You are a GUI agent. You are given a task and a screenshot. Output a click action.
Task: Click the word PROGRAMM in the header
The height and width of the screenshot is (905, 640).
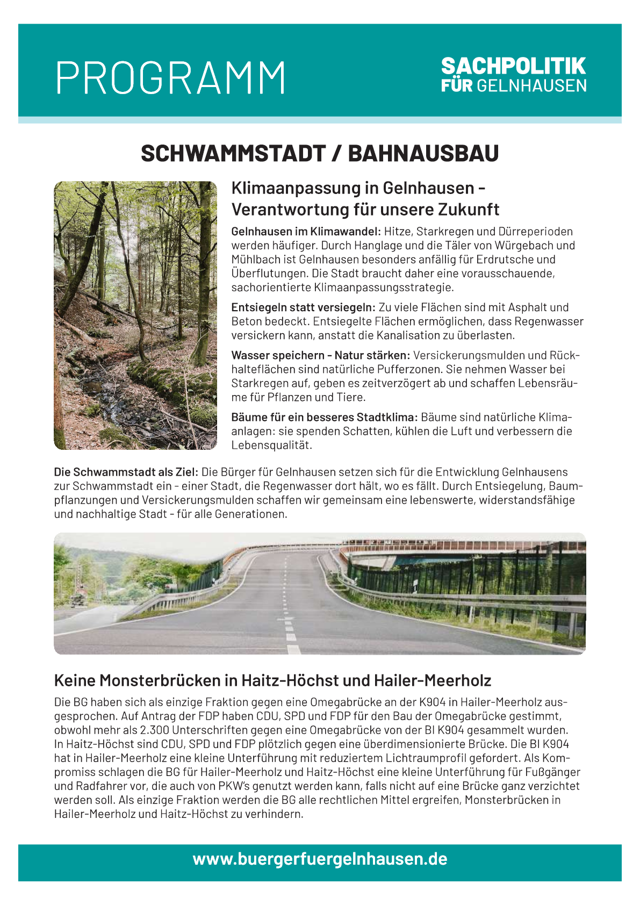pos(170,78)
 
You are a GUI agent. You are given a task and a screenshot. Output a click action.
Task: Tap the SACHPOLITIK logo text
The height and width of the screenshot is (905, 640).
pos(513,66)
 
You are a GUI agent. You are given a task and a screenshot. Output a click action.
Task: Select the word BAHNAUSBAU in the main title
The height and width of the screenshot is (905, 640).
pos(423,154)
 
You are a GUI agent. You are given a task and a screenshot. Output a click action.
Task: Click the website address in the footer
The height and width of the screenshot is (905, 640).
pos(320,859)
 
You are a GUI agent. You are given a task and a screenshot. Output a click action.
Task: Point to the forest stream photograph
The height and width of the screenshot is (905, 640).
pos(135,315)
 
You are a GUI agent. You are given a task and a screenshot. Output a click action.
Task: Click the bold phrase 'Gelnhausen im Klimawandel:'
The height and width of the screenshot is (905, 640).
pos(306,232)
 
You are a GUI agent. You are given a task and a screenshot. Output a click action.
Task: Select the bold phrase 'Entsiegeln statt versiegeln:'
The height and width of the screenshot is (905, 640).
pos(304,307)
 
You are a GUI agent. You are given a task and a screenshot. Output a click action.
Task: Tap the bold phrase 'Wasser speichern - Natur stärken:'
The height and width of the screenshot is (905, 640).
pos(320,355)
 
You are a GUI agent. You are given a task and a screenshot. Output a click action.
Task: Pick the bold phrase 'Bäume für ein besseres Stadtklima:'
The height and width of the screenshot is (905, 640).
pos(324,417)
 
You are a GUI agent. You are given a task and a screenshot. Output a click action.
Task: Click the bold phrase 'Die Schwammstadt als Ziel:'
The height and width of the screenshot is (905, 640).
pos(126,472)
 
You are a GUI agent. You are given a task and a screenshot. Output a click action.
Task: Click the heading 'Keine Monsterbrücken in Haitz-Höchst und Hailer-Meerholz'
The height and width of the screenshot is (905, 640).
pos(272,681)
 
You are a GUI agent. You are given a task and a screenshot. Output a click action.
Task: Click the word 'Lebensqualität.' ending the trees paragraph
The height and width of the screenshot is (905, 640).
pos(271,445)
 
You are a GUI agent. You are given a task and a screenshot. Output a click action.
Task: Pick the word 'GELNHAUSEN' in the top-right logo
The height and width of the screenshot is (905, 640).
pos(531,86)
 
